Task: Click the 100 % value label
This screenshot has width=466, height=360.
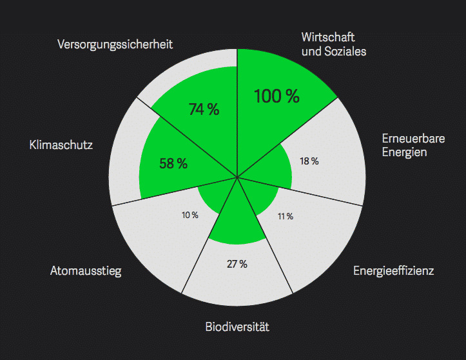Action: click(x=277, y=96)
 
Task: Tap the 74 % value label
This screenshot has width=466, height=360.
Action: click(x=204, y=110)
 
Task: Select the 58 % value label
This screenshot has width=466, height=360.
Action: click(x=173, y=164)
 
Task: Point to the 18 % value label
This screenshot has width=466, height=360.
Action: click(x=309, y=161)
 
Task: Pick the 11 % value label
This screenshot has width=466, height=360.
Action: click(x=286, y=216)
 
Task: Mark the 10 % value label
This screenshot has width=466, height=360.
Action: click(x=189, y=215)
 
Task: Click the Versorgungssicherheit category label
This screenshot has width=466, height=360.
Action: click(x=115, y=45)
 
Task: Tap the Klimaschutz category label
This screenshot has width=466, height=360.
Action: click(x=61, y=145)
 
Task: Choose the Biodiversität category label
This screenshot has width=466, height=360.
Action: click(x=237, y=327)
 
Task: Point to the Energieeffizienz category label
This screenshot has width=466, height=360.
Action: click(x=393, y=270)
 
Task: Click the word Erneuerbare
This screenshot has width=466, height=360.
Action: click(x=408, y=139)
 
